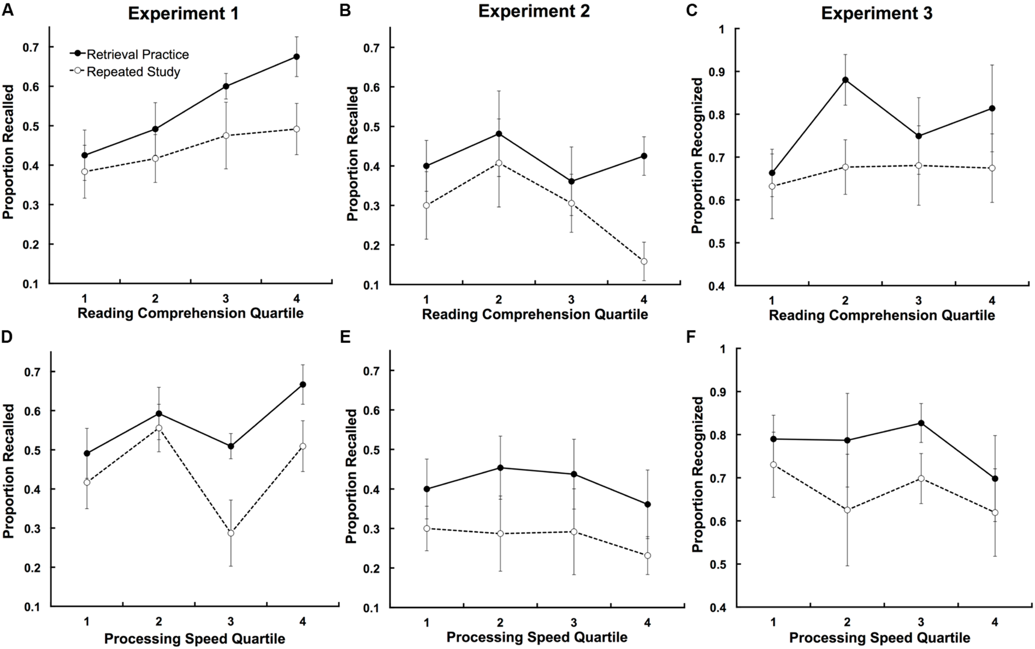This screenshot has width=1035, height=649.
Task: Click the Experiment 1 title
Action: click(x=183, y=14)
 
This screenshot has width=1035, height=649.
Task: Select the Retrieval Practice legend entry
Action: click(x=137, y=54)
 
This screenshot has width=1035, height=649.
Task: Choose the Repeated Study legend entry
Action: click(x=133, y=72)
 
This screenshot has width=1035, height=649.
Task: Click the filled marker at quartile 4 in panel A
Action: click(x=297, y=57)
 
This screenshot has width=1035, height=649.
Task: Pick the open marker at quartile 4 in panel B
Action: click(x=644, y=262)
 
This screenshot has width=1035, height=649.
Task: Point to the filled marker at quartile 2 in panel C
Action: click(x=845, y=80)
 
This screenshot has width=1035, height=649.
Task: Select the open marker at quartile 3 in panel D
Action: click(x=231, y=533)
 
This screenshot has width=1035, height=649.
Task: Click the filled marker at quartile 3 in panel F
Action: click(x=921, y=423)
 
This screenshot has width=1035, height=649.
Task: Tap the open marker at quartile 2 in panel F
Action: click(x=848, y=510)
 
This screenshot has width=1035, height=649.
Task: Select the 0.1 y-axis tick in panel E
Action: click(x=372, y=608)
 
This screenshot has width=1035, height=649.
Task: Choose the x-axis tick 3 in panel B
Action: click(x=571, y=300)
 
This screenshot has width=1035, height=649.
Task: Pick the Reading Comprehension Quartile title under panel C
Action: click(x=881, y=316)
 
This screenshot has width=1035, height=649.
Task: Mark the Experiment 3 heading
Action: click(x=876, y=14)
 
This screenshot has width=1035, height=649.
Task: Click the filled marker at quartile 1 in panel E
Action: click(x=426, y=489)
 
